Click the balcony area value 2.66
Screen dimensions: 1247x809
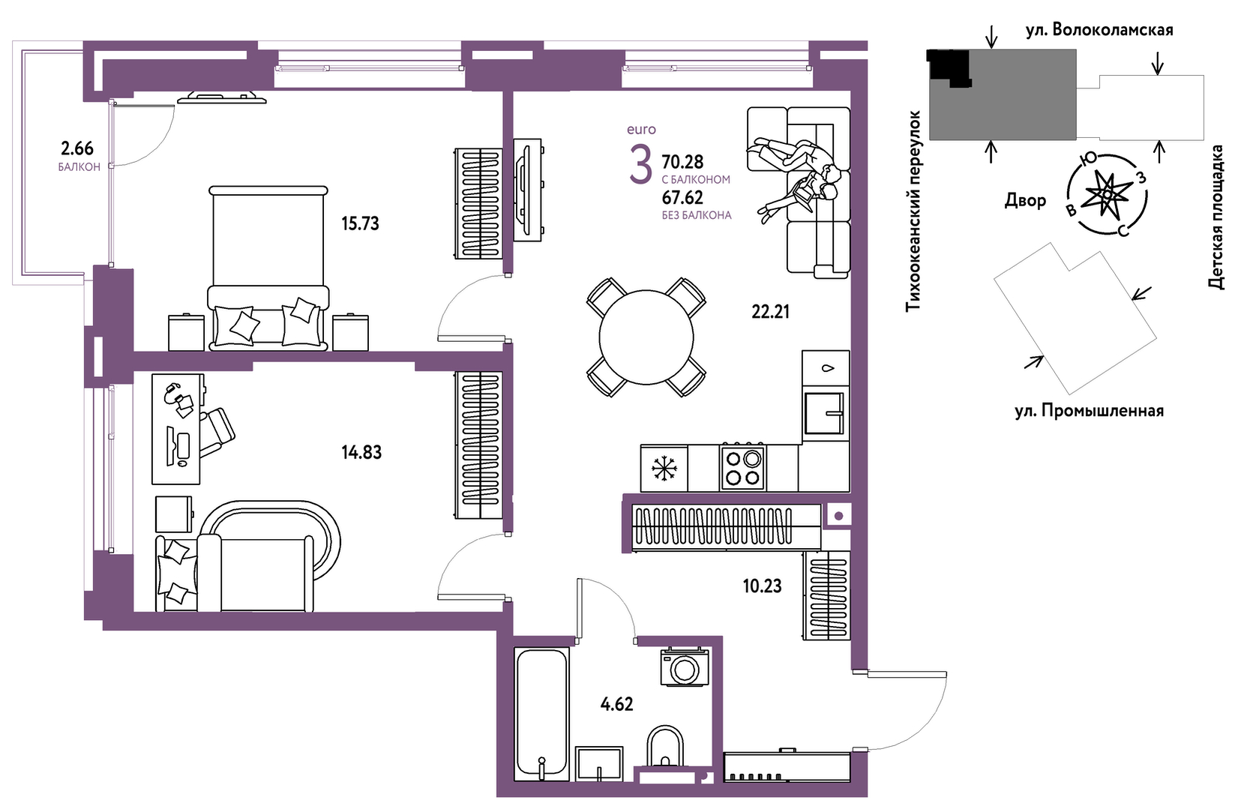(x=76, y=148)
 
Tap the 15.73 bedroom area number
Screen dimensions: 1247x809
(x=360, y=224)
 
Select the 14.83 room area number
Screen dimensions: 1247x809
(x=362, y=452)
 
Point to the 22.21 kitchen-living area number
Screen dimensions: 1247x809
(x=770, y=312)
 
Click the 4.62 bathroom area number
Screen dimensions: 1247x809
(x=617, y=704)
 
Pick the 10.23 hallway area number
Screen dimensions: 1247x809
(x=762, y=586)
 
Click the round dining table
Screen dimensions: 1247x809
(x=646, y=337)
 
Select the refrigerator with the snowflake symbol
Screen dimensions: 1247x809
(x=664, y=469)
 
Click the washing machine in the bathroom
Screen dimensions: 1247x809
(x=684, y=667)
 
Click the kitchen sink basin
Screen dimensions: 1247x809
(x=824, y=412)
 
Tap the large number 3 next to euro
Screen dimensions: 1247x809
(x=640, y=165)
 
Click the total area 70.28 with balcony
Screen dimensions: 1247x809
(x=682, y=162)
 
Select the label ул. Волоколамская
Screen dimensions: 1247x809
(x=1099, y=30)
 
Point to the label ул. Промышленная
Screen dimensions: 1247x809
(x=1089, y=411)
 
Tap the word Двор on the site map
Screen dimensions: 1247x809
(x=1025, y=200)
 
